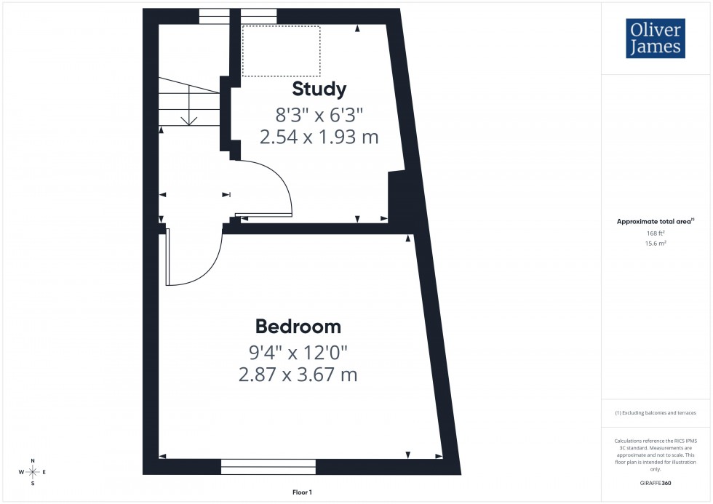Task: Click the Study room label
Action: pos(319,89)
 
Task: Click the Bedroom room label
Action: pos(298,326)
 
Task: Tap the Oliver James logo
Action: pos(655,39)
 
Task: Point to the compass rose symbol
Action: pos(33,472)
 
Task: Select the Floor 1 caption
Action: pos(301,492)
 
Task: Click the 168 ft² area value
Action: pos(656,233)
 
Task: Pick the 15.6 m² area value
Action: pos(656,244)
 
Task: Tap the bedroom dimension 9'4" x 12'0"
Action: pos(298,353)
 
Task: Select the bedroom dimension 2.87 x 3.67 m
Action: pos(298,375)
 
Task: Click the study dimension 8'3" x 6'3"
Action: pos(319,114)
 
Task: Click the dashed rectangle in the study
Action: pos(281,51)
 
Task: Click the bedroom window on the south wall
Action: pos(268,466)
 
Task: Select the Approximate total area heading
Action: pos(655,221)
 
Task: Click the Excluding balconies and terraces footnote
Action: pos(656,413)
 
